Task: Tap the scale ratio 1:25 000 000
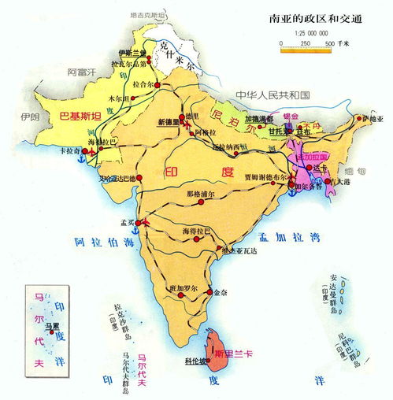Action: coord(312,34)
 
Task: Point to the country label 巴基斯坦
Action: coord(81,117)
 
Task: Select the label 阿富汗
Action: coord(81,72)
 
